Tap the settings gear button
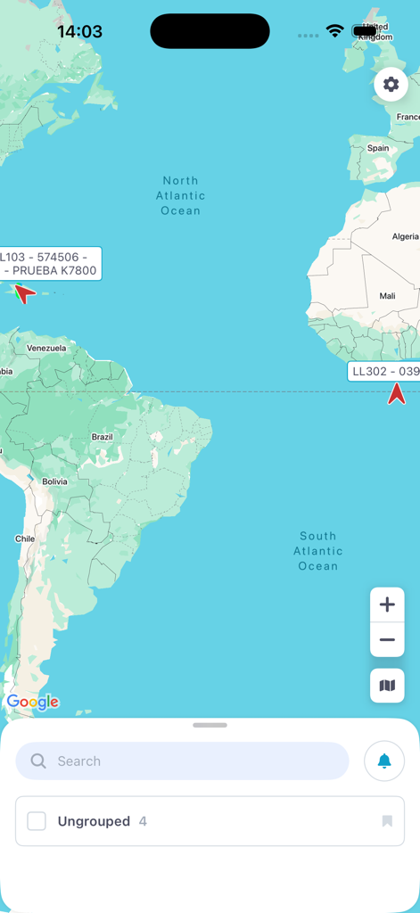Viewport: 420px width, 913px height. [x=391, y=85]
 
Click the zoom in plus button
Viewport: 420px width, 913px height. [x=387, y=605]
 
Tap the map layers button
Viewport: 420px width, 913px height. [x=387, y=686]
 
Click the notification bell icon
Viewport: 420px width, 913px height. [x=384, y=761]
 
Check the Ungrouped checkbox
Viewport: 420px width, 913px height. [x=37, y=821]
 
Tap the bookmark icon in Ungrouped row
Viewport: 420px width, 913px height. [x=387, y=821]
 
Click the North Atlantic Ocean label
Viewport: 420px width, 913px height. [x=181, y=196]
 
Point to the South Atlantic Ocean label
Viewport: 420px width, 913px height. [x=318, y=551]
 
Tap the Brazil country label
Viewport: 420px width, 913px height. [x=103, y=437]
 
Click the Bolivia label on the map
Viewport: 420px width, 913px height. [x=54, y=481]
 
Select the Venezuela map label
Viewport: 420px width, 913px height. [x=46, y=348]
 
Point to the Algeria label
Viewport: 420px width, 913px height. [x=405, y=236]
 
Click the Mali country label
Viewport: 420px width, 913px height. [x=387, y=296]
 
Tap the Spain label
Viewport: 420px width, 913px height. [x=378, y=148]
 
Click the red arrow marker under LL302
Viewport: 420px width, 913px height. [x=397, y=393]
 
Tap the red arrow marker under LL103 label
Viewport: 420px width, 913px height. [x=24, y=292]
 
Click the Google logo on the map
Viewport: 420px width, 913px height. [x=33, y=702]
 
